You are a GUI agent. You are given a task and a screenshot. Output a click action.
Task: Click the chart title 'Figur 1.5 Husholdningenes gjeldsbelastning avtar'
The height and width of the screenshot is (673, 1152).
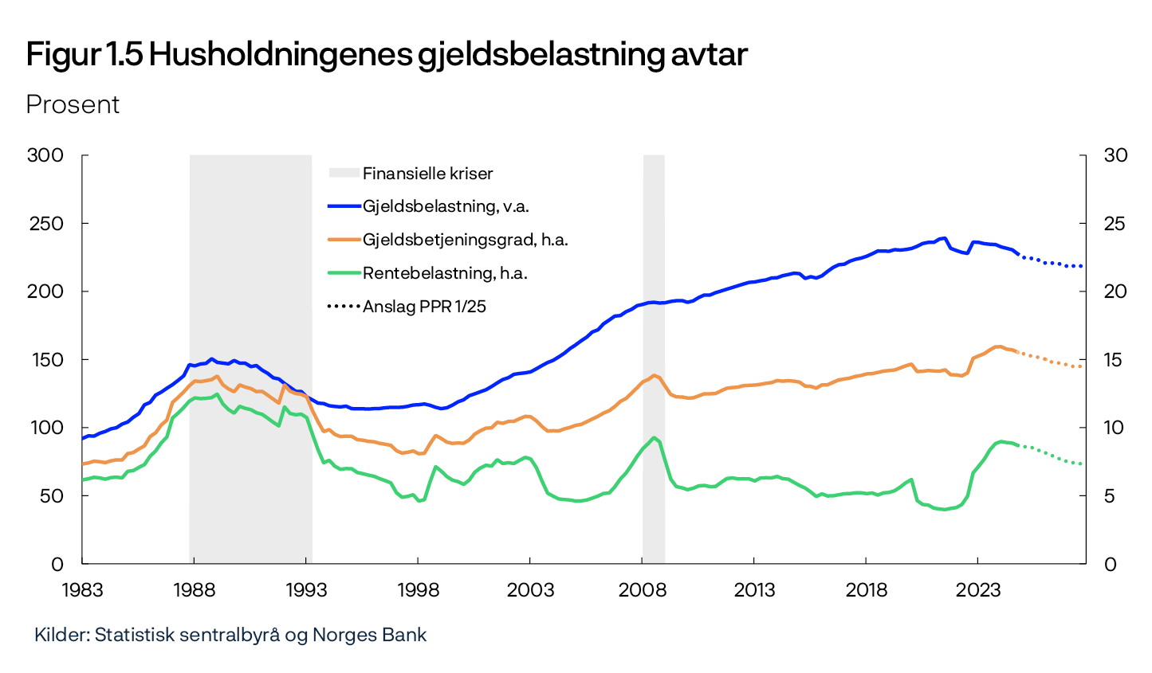tap(387, 55)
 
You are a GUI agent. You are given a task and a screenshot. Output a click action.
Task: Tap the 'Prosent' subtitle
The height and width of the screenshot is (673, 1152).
tap(73, 104)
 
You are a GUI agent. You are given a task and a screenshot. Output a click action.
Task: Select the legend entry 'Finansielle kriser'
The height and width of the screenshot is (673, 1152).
tap(427, 173)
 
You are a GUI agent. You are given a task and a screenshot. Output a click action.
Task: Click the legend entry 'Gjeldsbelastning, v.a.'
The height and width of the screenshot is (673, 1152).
tap(446, 206)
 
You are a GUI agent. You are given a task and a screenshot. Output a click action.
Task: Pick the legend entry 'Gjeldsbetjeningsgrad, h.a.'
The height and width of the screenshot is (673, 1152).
tap(465, 240)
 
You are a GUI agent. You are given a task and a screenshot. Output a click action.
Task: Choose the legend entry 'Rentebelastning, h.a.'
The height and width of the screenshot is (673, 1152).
tap(445, 273)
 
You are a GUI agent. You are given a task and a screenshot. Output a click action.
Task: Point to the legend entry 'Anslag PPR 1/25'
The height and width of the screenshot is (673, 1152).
tap(424, 307)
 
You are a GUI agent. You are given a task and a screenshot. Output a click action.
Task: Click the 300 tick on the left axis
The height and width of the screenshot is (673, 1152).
tap(45, 155)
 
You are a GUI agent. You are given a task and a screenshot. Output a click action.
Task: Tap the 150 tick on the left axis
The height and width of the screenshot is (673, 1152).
tap(45, 359)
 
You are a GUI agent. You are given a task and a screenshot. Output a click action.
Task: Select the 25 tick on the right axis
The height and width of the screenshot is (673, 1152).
tap(1115, 223)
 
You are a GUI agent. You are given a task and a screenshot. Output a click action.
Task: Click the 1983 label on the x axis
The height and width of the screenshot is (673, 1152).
tap(82, 589)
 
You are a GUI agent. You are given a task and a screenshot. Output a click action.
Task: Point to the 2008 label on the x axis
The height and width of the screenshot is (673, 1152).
tap(643, 589)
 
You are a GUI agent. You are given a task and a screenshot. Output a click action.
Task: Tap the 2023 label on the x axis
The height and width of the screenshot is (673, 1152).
tap(978, 589)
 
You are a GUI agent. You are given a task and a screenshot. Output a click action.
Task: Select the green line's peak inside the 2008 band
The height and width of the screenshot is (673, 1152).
tap(654, 437)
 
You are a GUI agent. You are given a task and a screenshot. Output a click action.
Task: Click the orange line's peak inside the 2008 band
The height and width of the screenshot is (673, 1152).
tap(654, 375)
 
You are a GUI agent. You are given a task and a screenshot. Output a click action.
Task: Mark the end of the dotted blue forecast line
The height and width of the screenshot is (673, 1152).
tap(1082, 266)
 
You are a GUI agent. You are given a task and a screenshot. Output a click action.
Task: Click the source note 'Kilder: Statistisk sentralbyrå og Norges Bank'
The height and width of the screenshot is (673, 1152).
tap(230, 635)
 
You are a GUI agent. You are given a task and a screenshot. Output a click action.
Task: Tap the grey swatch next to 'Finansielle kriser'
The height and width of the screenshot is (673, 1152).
tap(344, 173)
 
